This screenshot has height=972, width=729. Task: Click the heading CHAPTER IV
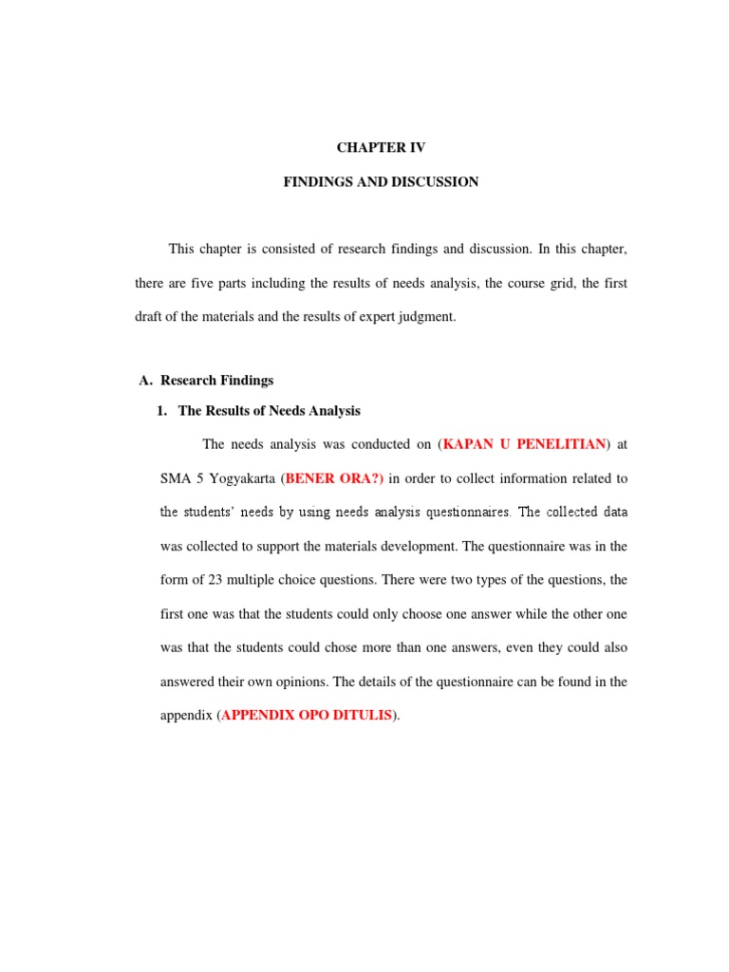pyautogui.click(x=381, y=148)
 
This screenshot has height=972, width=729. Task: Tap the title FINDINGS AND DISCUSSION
pyautogui.click(x=381, y=181)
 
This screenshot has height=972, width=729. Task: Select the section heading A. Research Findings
pyautogui.click(x=206, y=381)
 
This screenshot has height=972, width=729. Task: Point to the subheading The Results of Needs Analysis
pyautogui.click(x=269, y=411)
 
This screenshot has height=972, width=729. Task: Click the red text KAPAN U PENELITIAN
pyautogui.click(x=523, y=443)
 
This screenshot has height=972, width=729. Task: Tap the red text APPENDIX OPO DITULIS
pyautogui.click(x=306, y=716)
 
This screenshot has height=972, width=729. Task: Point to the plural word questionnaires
pyautogui.click(x=460, y=512)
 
